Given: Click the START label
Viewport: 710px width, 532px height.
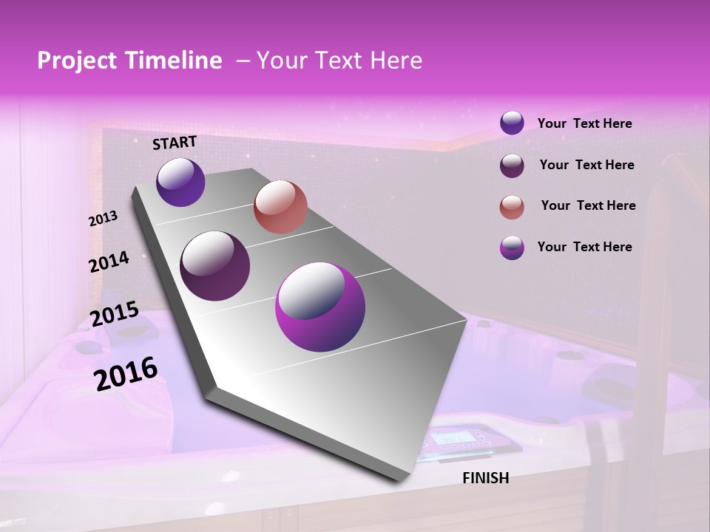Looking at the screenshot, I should [x=175, y=143].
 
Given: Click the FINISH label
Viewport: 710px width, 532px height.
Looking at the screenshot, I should [x=486, y=478].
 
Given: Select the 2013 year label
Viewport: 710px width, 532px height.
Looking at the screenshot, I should [x=104, y=219].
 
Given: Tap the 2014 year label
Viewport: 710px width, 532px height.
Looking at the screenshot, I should [x=109, y=262].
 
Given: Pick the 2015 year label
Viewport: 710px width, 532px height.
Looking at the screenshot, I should [x=115, y=315].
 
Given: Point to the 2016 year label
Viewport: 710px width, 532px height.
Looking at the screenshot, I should [x=126, y=374].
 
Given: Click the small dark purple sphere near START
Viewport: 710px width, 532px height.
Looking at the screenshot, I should [x=180, y=182].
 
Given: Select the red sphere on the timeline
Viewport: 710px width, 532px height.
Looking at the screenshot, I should [x=280, y=207].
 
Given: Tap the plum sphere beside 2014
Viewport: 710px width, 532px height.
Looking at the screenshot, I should [x=215, y=266].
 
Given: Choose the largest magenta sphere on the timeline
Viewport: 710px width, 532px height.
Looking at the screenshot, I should [x=320, y=307].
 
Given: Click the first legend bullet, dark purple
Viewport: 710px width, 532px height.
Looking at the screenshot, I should [x=512, y=123].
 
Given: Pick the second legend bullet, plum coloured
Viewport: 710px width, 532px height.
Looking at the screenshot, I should [x=512, y=166].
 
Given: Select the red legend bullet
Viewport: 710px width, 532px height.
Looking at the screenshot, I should [x=512, y=207].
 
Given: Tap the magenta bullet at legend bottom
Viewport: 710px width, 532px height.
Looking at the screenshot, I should [x=512, y=248].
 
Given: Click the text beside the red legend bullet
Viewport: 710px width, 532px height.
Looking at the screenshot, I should [x=588, y=205].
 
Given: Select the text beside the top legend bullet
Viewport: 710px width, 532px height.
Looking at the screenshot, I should [x=584, y=123].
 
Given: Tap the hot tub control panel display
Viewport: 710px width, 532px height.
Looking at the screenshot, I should [x=453, y=441].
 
